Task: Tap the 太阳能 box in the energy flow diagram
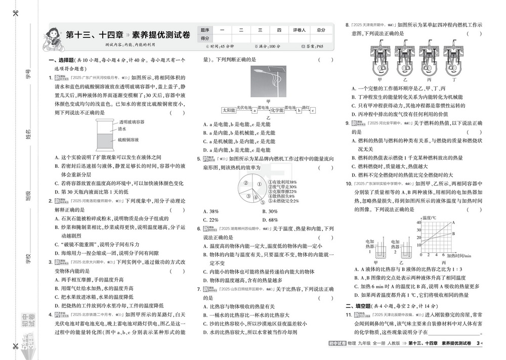[x=228, y=110]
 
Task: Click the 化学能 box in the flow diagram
[x=277, y=110]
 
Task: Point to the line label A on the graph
[x=453, y=222]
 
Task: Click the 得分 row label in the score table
[x=205, y=38]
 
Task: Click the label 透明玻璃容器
[x=132, y=122]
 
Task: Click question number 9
[x=348, y=123]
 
